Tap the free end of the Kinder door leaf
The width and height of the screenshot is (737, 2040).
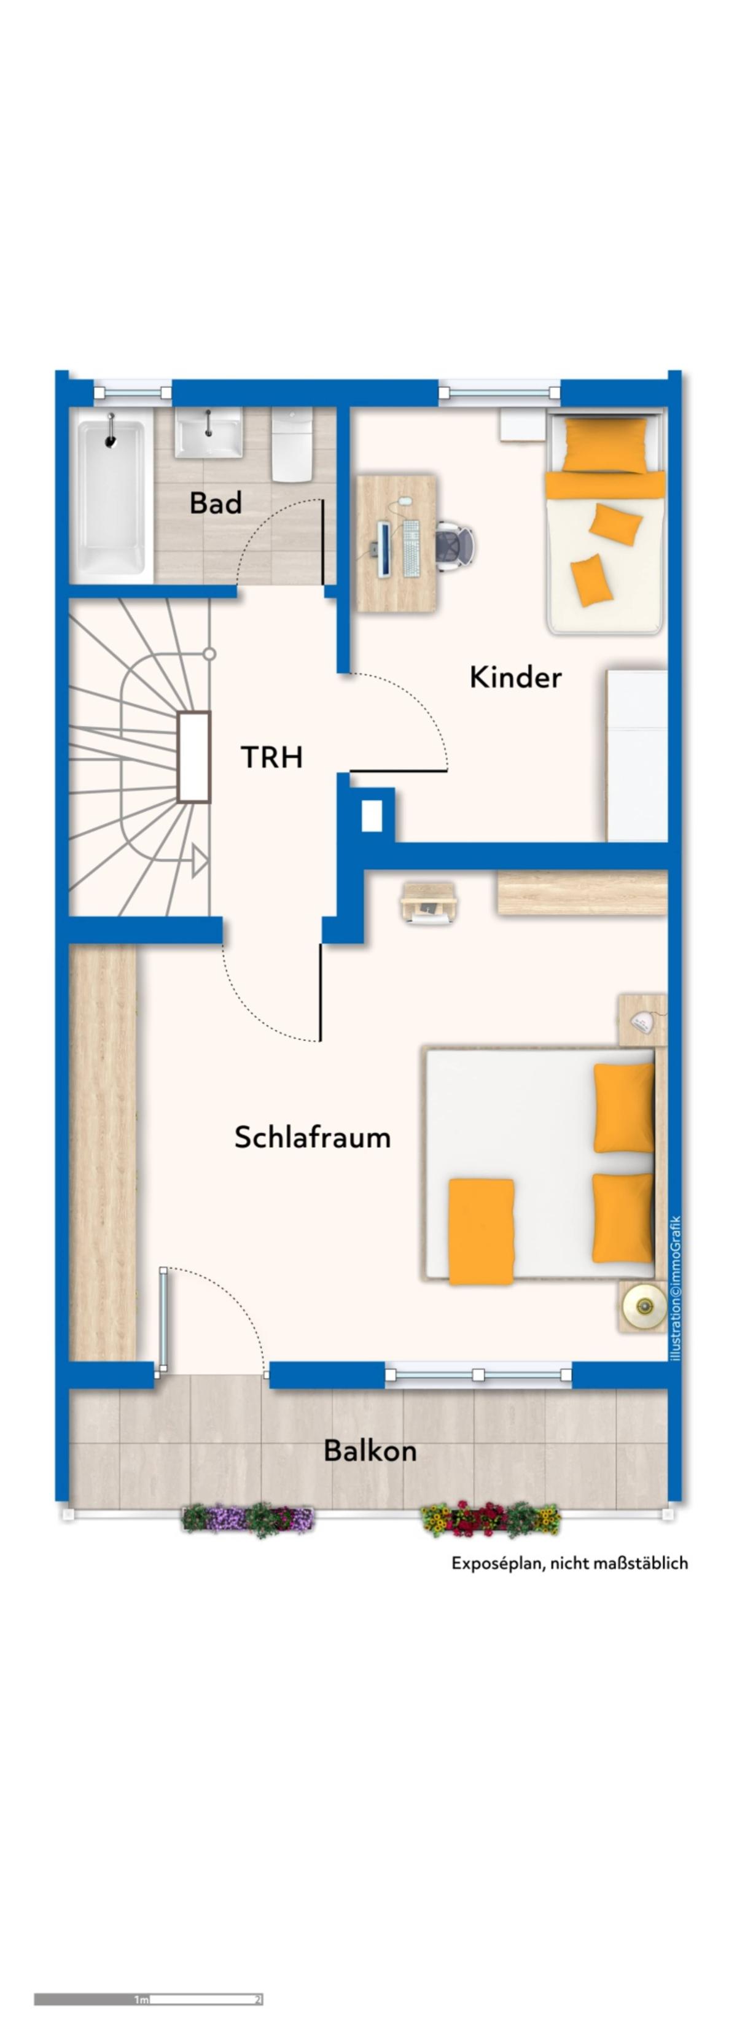[x=446, y=770]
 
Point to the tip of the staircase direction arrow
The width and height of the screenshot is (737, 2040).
[x=207, y=859]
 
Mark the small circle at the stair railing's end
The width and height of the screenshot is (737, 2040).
[x=209, y=654]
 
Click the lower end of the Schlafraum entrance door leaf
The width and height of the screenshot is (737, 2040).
[x=320, y=1040]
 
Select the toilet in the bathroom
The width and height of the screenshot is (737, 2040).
[x=292, y=445]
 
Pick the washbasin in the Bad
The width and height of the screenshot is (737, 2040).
[x=208, y=434]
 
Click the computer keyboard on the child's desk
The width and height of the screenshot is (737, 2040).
[x=410, y=548]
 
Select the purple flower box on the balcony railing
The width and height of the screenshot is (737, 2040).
[x=248, y=1518]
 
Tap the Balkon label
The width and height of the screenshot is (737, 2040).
[x=370, y=1451]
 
